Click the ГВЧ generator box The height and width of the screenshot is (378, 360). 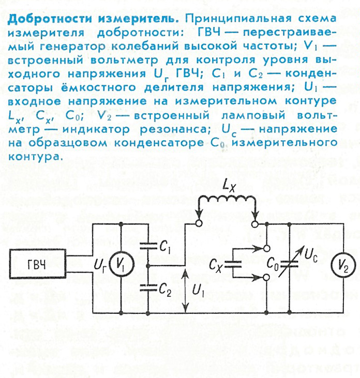tap(38, 264)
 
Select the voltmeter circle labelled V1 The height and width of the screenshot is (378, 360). tap(122, 265)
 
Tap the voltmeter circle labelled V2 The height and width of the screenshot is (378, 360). tap(343, 265)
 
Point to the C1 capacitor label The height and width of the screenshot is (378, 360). tap(165, 247)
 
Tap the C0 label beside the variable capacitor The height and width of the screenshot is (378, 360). tap(273, 264)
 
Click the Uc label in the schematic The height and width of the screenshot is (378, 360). tap(311, 255)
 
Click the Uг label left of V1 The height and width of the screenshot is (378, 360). tap(100, 265)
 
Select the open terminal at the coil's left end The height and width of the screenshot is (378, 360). tap(199, 223)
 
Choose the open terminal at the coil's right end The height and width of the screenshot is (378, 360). tap(255, 224)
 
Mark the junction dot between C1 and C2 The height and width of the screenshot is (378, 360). tap(148, 265)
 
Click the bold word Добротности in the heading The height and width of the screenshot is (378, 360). tap(50, 19)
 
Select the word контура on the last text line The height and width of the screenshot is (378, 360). tap(34, 157)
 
